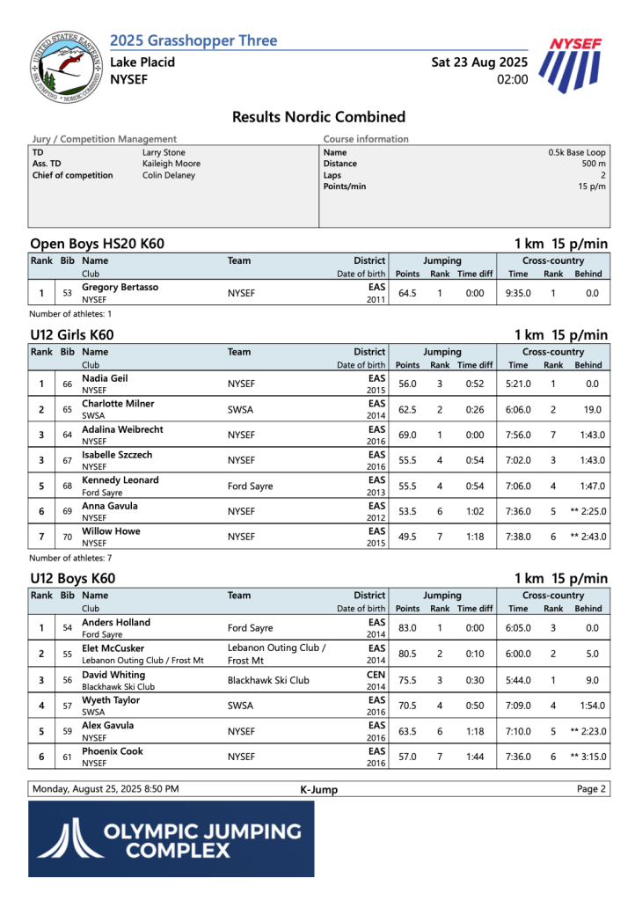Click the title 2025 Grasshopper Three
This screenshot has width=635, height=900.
click(x=193, y=40)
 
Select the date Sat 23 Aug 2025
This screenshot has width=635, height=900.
click(x=479, y=62)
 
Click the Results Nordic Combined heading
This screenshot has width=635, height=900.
click(x=318, y=117)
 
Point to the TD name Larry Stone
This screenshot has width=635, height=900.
click(x=164, y=152)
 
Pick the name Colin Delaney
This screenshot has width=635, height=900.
click(x=169, y=175)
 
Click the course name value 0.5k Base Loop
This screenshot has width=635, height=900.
click(x=577, y=152)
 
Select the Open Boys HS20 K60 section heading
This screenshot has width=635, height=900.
click(x=97, y=244)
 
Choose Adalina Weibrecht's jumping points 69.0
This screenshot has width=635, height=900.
click(x=407, y=435)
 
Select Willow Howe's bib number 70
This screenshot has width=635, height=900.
click(x=67, y=537)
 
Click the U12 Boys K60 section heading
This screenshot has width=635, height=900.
click(x=72, y=579)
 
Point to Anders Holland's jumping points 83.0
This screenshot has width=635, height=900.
click(x=407, y=628)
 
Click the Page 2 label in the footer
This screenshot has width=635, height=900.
click(x=591, y=789)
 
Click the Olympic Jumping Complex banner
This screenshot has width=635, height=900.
click(x=171, y=838)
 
